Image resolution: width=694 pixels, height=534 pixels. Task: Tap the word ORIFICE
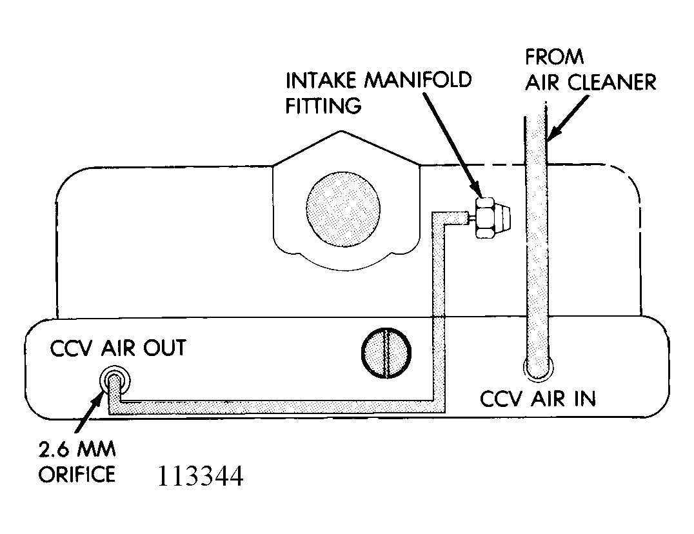click(x=77, y=474)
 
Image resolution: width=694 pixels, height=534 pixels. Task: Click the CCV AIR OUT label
click(x=118, y=348)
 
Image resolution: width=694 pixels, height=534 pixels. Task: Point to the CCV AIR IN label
click(x=538, y=398)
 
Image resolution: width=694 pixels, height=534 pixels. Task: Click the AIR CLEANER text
click(x=590, y=82)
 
